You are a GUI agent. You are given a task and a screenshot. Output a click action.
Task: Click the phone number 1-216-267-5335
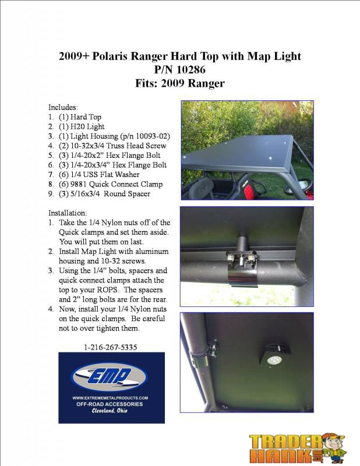(x=111, y=347)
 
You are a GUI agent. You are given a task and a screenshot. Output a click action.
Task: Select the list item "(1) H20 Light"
(x=79, y=126)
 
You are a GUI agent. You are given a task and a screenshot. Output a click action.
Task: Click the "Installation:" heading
(x=68, y=213)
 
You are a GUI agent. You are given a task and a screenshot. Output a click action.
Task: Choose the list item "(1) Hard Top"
(x=80, y=117)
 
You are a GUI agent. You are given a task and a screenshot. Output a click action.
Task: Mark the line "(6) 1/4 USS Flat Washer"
(x=99, y=174)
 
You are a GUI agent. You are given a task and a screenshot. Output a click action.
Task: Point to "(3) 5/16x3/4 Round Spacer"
(x=104, y=193)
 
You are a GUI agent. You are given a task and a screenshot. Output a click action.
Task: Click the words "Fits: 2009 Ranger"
(x=179, y=83)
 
